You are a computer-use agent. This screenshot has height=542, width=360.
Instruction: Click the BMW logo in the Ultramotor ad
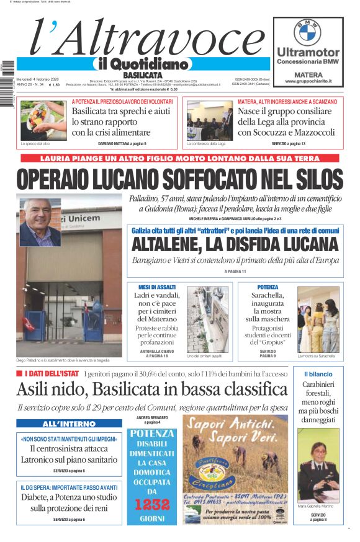307,32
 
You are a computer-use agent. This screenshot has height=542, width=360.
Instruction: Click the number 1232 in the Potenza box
151,505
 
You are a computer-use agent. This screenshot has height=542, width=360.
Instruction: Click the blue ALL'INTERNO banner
60,424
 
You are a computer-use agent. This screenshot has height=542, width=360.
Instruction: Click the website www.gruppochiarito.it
308,81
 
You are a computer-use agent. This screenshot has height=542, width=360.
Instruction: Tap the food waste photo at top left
43,120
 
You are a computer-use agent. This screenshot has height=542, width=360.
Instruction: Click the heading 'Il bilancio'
318,375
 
